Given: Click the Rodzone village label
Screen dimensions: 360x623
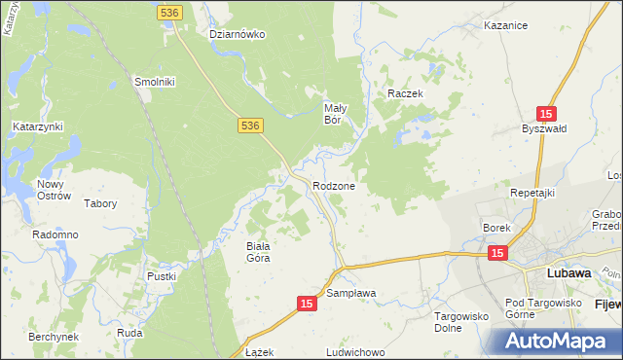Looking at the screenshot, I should point(333,186).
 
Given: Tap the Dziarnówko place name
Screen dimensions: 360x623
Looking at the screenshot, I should point(238,34).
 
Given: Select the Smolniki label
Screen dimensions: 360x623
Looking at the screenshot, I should point(154,83).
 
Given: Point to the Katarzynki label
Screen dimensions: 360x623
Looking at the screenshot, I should point(37,126).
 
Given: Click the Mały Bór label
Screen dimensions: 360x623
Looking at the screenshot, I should point(336,114).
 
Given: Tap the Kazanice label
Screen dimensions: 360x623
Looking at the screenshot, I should point(505,26).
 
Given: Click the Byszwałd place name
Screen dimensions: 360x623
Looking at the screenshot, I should point(544,129).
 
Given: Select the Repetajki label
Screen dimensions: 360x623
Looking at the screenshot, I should point(531,193).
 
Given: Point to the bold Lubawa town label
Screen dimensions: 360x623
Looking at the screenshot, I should point(569,273).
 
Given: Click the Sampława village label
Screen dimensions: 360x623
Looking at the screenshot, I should point(351,293).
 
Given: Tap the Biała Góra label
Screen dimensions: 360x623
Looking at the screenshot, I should point(257,252).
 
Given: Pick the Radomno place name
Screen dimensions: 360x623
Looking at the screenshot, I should point(55,235).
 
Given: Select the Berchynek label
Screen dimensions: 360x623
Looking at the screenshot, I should point(53,335).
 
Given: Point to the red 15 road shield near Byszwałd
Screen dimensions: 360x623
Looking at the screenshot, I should point(547,113).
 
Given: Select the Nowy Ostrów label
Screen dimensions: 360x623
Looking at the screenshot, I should point(55,190).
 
